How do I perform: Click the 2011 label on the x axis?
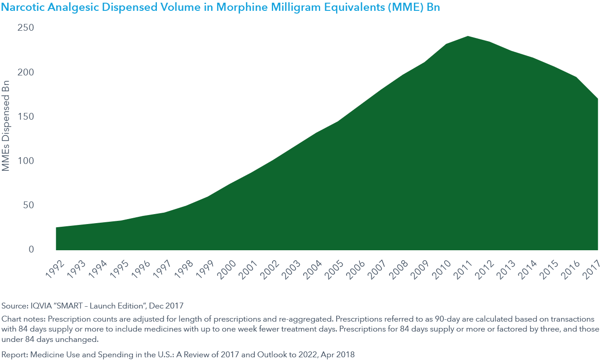pos(463,270)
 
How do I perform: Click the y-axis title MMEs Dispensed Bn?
pos(6,126)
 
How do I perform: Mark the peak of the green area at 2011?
pos(468,37)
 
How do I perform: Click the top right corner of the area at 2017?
pos(597,99)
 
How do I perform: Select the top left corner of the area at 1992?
pos(56,228)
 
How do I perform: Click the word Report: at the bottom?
pos(15,355)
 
